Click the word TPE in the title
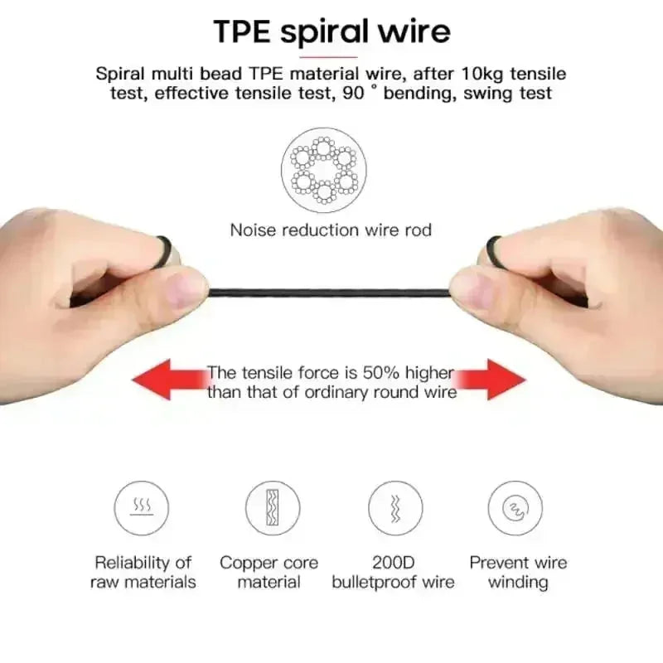click(242, 31)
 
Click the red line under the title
click(328, 56)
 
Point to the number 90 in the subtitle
click(354, 93)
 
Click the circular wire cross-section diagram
click(324, 170)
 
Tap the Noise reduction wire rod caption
click(331, 230)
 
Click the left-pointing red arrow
click(169, 380)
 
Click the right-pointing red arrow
click(491, 380)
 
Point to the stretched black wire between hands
click(329, 293)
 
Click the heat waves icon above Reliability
click(141, 508)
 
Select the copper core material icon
click(273, 508)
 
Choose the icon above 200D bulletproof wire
click(395, 508)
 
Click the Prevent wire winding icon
click(515, 508)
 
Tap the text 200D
click(393, 563)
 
